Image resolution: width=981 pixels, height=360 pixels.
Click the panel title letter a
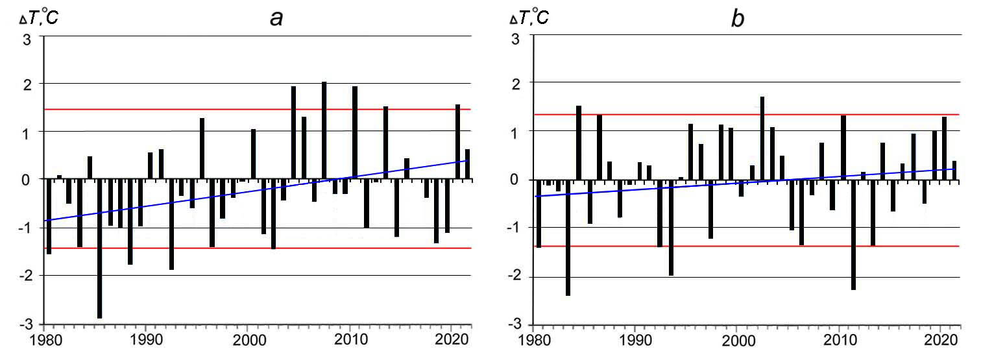(276, 18)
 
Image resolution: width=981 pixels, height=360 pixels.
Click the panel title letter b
(738, 18)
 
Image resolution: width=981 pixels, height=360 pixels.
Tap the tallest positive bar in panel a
(324, 130)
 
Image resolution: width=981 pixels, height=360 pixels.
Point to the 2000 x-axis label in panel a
(247, 340)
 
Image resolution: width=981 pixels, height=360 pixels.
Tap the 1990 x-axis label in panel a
(145, 340)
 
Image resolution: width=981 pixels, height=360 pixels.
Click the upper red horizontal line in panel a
(195, 109)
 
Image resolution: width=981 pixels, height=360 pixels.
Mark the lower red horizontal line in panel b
(714, 246)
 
